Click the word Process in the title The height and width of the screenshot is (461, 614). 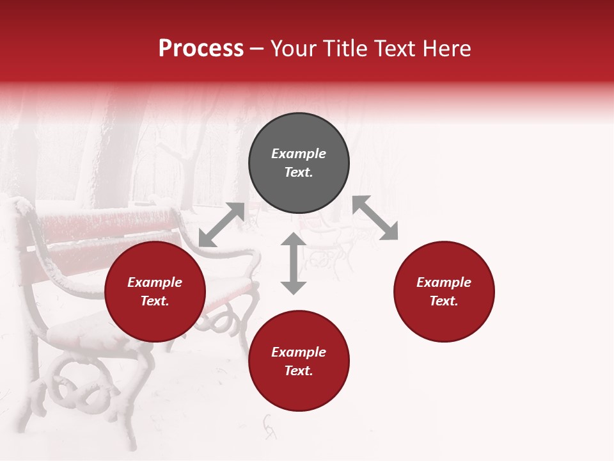201,49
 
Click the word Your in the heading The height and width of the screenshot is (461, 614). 295,49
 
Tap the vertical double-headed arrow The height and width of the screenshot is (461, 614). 294,263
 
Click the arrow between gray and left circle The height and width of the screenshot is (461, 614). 221,225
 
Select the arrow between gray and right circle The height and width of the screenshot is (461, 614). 375,218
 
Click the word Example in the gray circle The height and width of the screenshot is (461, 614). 299,154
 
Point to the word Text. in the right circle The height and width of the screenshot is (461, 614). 444,301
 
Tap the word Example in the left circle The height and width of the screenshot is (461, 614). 155,282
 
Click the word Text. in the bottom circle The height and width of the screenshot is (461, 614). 299,371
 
